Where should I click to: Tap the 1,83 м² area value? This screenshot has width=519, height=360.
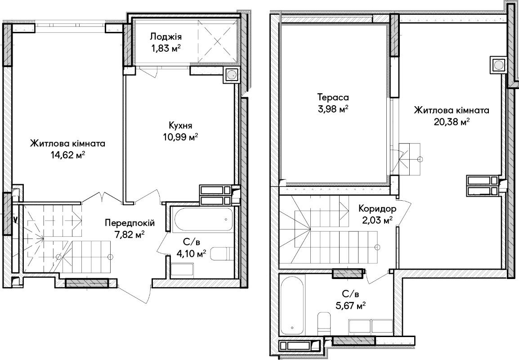[x=166, y=49]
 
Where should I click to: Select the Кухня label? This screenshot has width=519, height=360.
[x=180, y=126]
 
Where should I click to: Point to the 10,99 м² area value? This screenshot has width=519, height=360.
[x=180, y=136]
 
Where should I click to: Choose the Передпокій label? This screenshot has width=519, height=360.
[x=130, y=223]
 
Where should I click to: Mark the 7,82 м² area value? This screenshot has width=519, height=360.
[x=129, y=234]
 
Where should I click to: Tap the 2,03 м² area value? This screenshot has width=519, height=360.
[x=377, y=220]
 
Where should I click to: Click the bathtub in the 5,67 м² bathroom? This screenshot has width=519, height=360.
[x=292, y=304]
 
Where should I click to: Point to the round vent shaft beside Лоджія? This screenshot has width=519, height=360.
[x=232, y=75]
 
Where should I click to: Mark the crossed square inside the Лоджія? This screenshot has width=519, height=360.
[x=218, y=41]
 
